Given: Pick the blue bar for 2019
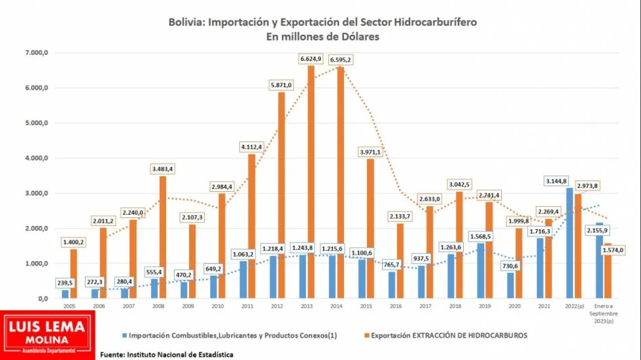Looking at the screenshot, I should [481, 270].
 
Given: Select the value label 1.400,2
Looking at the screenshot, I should [73, 242].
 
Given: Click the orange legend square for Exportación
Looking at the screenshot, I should [365, 336].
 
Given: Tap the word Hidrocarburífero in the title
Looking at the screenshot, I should [438, 22].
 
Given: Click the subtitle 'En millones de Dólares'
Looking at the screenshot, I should [322, 37].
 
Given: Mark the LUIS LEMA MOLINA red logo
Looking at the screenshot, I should [47, 335].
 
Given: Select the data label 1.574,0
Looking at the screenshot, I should [612, 250].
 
